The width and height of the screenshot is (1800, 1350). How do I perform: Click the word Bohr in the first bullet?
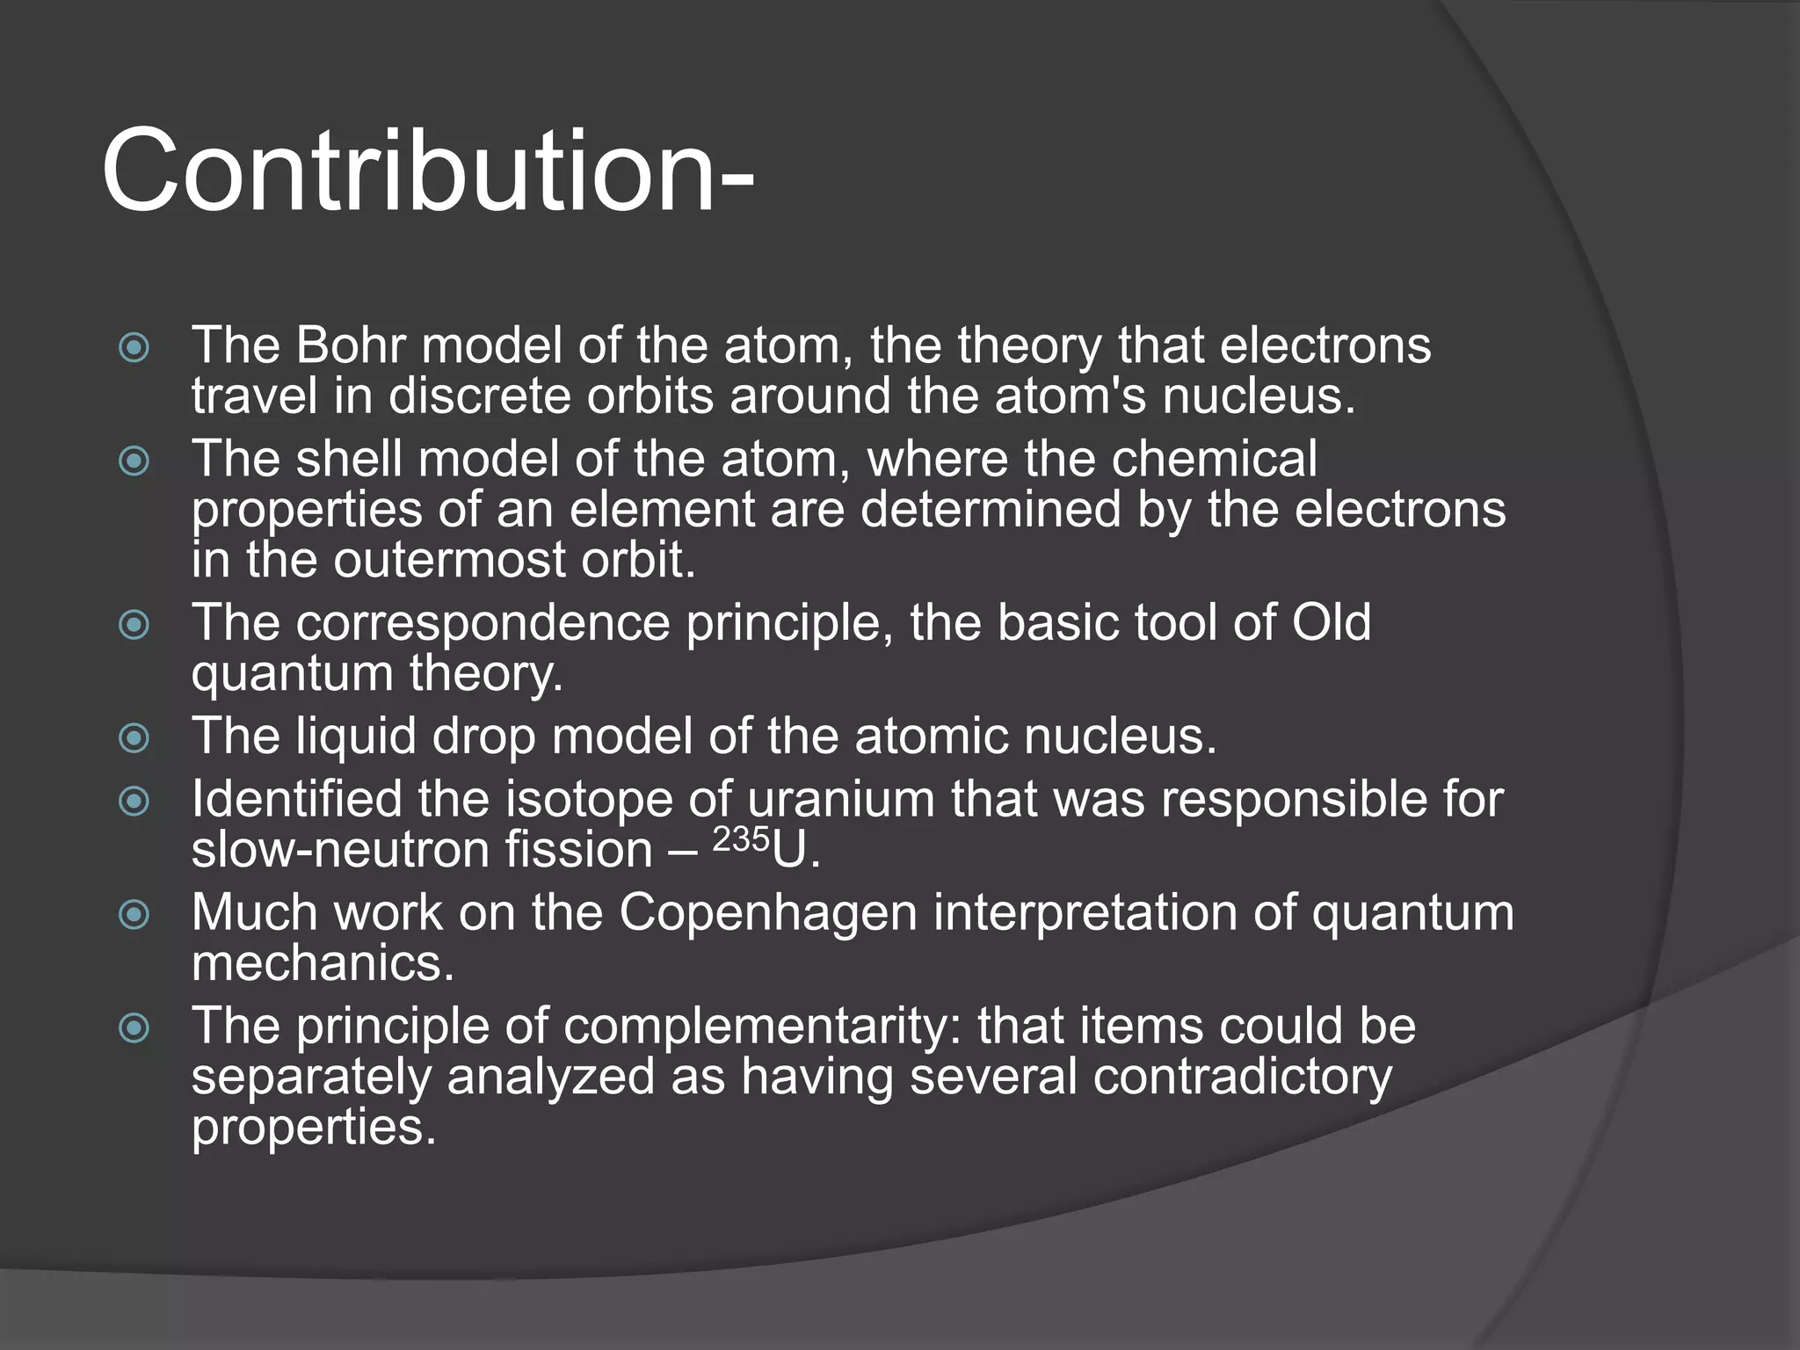pyautogui.click(x=350, y=345)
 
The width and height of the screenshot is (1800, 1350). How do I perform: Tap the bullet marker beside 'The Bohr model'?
pyautogui.click(x=134, y=348)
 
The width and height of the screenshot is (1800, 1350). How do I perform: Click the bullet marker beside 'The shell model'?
pyautogui.click(x=134, y=461)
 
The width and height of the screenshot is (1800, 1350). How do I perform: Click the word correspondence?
pyautogui.click(x=483, y=623)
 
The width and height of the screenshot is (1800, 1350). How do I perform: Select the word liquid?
pyautogui.click(x=355, y=736)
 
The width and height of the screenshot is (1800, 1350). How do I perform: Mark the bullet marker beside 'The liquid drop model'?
pyautogui.click(x=134, y=737)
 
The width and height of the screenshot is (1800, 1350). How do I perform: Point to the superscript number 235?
pyautogui.click(x=741, y=840)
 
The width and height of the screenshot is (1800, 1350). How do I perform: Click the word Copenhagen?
pyautogui.click(x=768, y=912)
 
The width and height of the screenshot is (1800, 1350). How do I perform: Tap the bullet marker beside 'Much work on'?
pyautogui.click(x=134, y=915)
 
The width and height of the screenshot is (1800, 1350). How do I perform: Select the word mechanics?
pyautogui.click(x=322, y=963)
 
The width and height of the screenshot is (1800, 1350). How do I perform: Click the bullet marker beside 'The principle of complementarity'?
pyautogui.click(x=134, y=1027)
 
